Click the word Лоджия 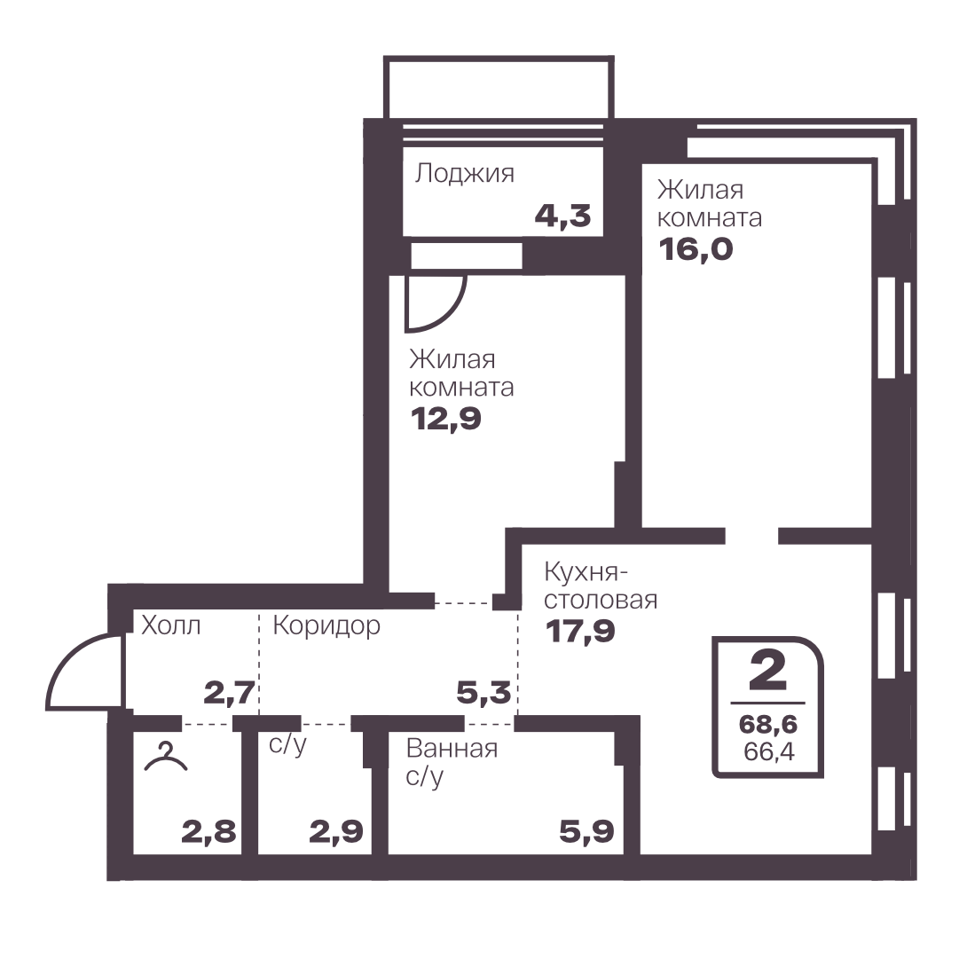pos(464,174)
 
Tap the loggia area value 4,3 pos(562,216)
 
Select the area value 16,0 pos(696,249)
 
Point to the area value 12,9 pos(446,419)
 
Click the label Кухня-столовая pos(601,586)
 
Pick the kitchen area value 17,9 pos(580,631)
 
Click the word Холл pos(170,625)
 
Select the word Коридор pos(326,626)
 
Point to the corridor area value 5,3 pos(483,694)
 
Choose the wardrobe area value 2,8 pos(208,832)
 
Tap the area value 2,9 pos(335,832)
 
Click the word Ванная pos(452,749)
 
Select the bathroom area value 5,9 pos(586,832)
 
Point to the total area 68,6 pos(768,725)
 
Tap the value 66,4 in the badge pos(769,751)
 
